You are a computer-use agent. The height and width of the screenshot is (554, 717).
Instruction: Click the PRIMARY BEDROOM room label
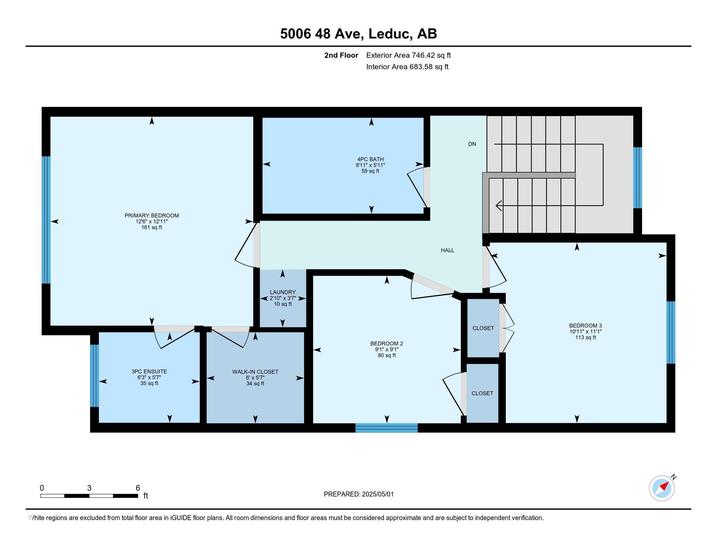[x=152, y=216]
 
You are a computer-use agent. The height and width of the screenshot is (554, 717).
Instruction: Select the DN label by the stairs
[x=472, y=144]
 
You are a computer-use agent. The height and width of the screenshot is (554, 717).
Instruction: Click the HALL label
[x=447, y=250]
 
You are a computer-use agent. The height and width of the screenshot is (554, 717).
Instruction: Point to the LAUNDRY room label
[x=283, y=292]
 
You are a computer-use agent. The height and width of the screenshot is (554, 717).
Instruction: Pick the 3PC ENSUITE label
[x=149, y=372]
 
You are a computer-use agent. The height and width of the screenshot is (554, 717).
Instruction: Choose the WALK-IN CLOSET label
[x=255, y=372]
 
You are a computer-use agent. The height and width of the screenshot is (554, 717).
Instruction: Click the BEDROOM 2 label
[x=387, y=343]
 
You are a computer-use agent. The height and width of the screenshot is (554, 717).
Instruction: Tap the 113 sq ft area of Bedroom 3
[x=585, y=337]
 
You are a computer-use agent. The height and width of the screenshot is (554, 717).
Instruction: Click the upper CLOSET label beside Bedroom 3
[x=483, y=328]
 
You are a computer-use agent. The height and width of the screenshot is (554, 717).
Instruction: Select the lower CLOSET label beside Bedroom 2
[x=482, y=393]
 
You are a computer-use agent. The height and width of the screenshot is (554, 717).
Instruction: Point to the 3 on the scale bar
[x=89, y=488]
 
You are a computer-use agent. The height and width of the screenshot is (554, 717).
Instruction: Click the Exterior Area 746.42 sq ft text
[x=408, y=55]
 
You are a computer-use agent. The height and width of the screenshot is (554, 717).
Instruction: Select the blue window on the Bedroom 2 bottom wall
[x=387, y=428]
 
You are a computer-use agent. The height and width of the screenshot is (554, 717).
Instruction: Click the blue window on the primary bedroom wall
[x=46, y=220]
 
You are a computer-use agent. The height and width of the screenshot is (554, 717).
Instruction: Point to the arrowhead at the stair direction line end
[x=498, y=206]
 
